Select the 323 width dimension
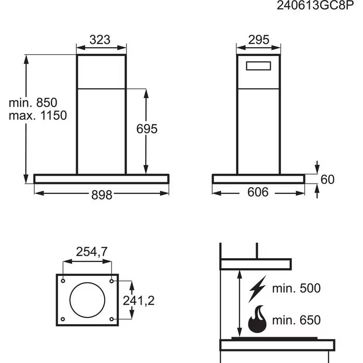click(x=101, y=39)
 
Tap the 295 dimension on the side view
click(x=258, y=39)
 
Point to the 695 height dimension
click(x=147, y=129)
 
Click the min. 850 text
click(x=33, y=102)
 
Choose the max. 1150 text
click(x=38, y=115)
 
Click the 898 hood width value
click(x=102, y=194)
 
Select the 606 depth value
click(x=258, y=193)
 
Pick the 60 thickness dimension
click(x=328, y=179)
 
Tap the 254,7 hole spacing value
click(x=91, y=252)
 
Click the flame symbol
click(x=258, y=320)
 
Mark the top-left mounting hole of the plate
click(x=63, y=281)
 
